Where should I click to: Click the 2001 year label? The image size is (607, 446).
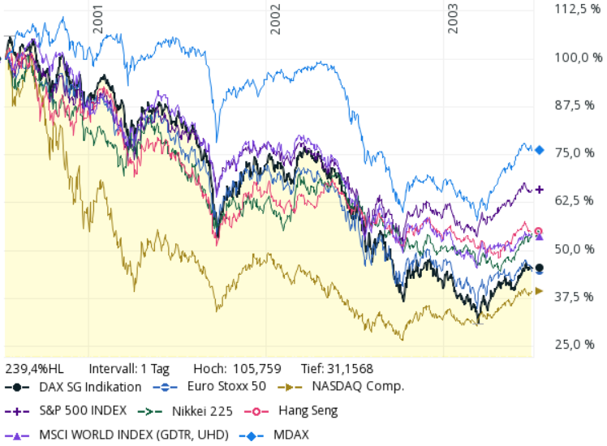97,21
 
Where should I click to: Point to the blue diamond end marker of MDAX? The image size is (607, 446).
539,149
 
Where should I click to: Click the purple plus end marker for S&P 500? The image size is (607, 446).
539,190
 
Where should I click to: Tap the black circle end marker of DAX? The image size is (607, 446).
539,268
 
